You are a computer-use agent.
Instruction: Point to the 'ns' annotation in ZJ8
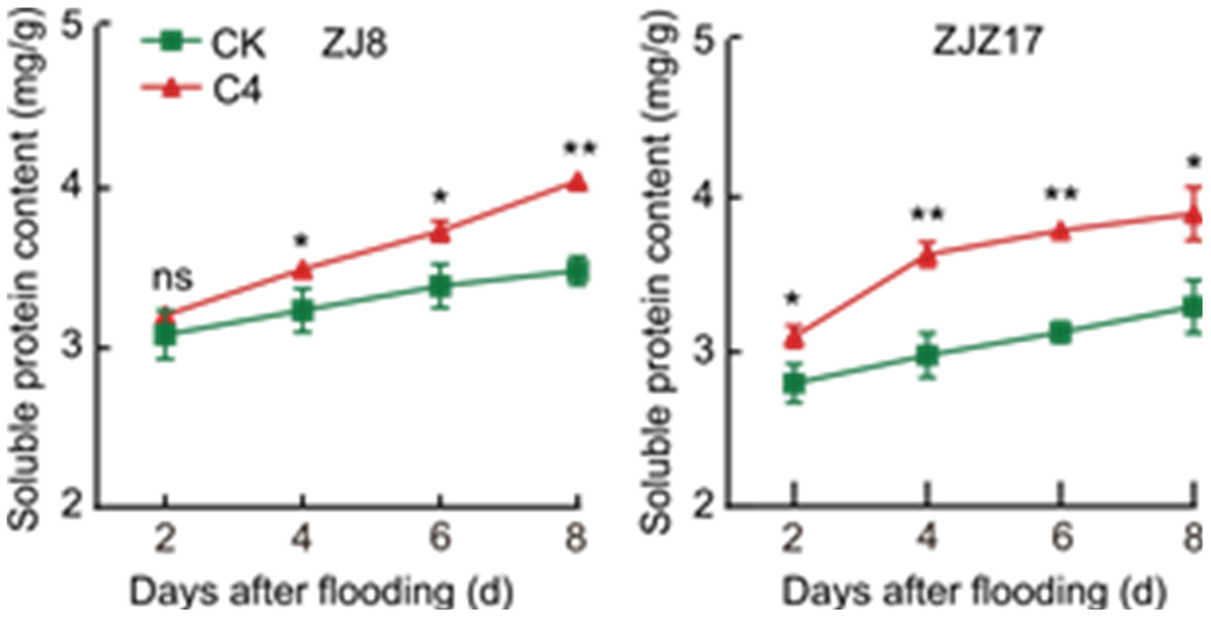point(172,278)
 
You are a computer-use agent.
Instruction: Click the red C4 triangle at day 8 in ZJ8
point(578,182)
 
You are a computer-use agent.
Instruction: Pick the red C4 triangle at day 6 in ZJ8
point(440,231)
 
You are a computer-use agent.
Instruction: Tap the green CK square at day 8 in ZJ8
point(578,272)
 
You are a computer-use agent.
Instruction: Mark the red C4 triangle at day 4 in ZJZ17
point(928,255)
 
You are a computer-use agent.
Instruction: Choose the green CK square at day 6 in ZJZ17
point(1061,332)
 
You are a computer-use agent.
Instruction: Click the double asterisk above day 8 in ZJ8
point(578,148)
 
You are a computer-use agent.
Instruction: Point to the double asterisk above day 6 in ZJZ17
point(1061,195)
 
